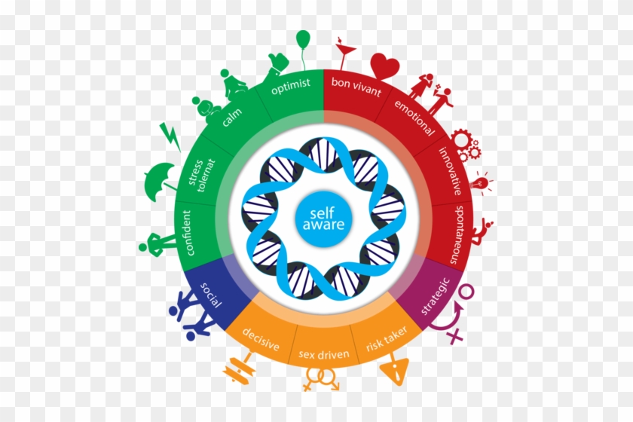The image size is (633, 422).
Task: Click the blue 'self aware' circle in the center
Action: pyautogui.click(x=323, y=219)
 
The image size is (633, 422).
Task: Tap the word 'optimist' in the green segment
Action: pyautogui.click(x=291, y=86)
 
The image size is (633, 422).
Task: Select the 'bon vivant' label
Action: pyautogui.click(x=356, y=87)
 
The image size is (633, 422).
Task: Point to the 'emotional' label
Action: pyautogui.click(x=414, y=118)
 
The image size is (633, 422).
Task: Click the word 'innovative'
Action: pyautogui.click(x=451, y=171)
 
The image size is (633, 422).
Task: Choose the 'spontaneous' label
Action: pyautogui.click(x=457, y=234)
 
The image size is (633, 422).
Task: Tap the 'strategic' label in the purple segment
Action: pyautogui.click(x=436, y=295)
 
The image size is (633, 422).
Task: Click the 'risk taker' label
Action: pyautogui.click(x=387, y=338)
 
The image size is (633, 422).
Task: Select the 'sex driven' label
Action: pyautogui.click(x=324, y=354)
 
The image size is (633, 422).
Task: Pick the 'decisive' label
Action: pyautogui.click(x=261, y=338)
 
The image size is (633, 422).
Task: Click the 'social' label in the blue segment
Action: pyautogui.click(x=211, y=295)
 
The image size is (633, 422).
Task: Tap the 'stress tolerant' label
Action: pyautogui.click(x=202, y=175)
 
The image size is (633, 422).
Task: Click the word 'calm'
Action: pyautogui.click(x=231, y=117)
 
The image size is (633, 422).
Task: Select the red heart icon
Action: pyautogui.click(x=385, y=66)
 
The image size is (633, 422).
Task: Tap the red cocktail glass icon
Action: pyautogui.click(x=344, y=54)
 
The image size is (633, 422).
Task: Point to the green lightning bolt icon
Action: pyautogui.click(x=170, y=136)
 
